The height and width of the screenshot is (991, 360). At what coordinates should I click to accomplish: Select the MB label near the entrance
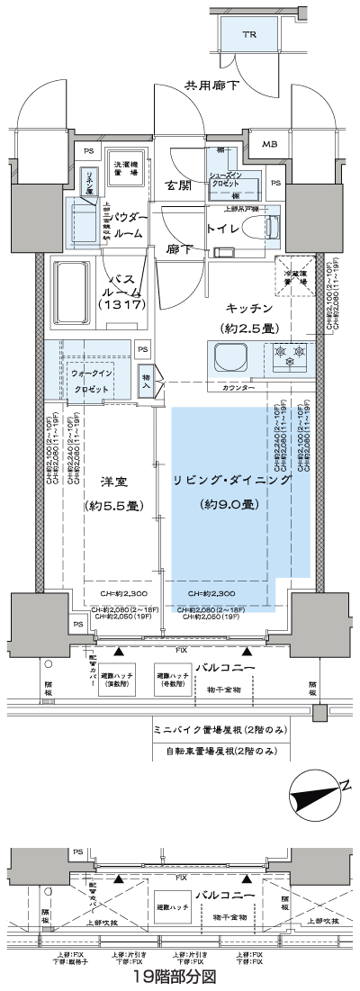270,143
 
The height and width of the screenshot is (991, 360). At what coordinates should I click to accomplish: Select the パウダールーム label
132,224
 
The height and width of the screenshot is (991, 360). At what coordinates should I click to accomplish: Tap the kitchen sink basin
229,357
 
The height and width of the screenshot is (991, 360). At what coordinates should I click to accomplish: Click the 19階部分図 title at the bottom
178,976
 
